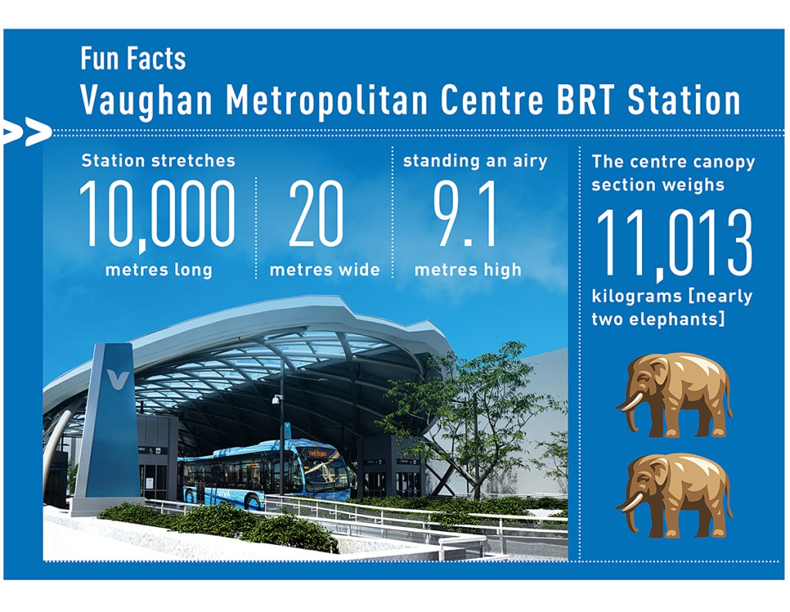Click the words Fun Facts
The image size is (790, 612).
coord(133,59)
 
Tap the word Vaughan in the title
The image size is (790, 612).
coord(147,101)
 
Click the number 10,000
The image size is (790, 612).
coord(157,215)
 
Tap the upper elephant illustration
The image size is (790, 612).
coord(674,394)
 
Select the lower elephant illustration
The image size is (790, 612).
coord(674,495)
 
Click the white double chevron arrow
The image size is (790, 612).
coord(26,133)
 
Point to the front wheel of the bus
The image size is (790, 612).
coord(255,502)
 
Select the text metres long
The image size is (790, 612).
coord(159,270)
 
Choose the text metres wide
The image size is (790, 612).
coord(325,269)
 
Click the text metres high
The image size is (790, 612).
coord(468,270)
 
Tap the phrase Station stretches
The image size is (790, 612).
coord(158,161)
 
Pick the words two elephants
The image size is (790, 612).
coord(659,319)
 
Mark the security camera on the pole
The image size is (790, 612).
coord(277,401)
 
